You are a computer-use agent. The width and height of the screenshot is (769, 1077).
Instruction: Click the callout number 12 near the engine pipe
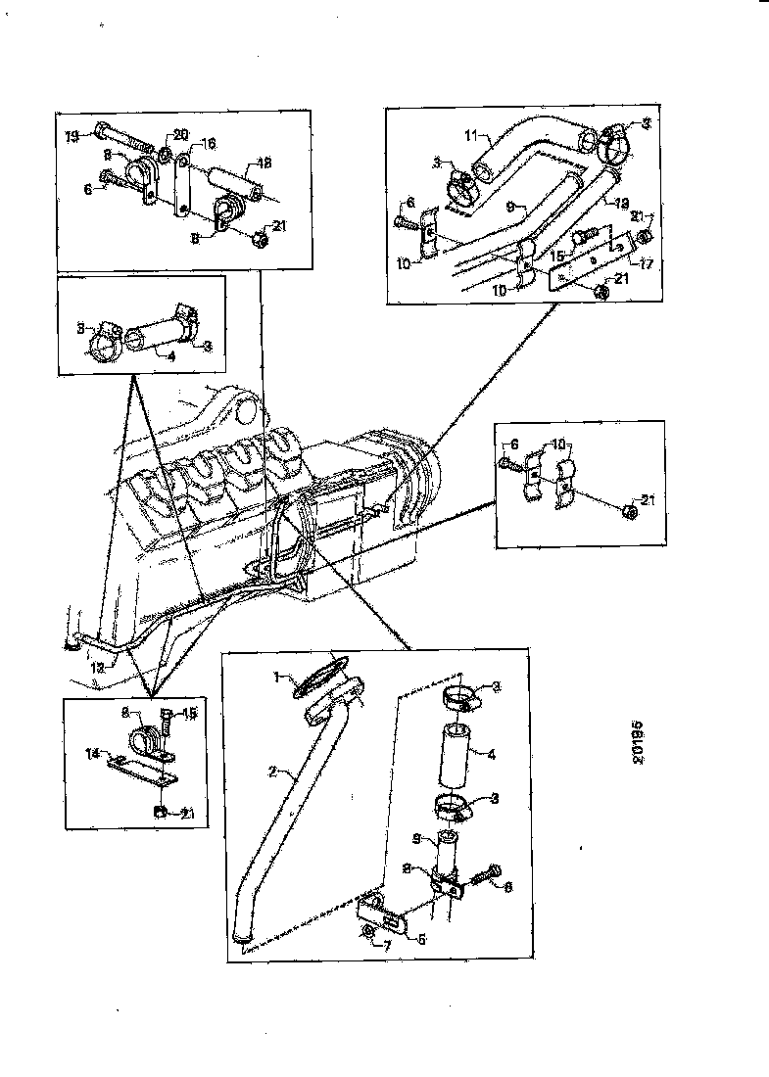97,667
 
